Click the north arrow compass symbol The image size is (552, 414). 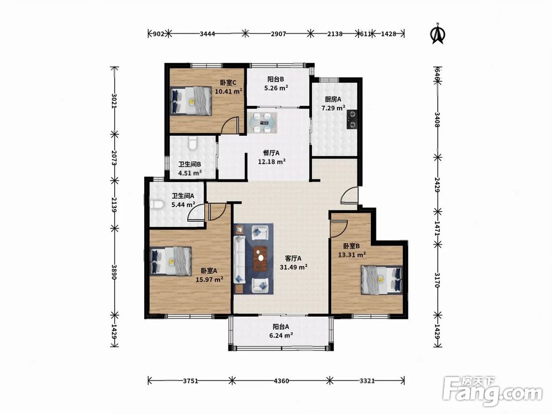[438, 34]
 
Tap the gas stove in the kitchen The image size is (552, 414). [352, 119]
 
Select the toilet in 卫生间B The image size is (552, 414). [193, 144]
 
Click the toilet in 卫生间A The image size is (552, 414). [156, 205]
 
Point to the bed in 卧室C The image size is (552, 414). [191, 100]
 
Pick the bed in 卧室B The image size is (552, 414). [381, 279]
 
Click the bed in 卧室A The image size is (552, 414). [171, 261]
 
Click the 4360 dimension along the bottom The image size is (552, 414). [281, 380]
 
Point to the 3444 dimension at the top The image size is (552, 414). [208, 34]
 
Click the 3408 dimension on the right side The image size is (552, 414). [437, 120]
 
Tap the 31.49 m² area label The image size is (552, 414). [294, 267]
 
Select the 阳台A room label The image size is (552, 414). [281, 327]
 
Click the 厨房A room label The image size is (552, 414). [333, 99]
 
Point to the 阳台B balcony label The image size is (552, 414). [275, 79]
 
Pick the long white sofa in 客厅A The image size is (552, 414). [240, 259]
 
